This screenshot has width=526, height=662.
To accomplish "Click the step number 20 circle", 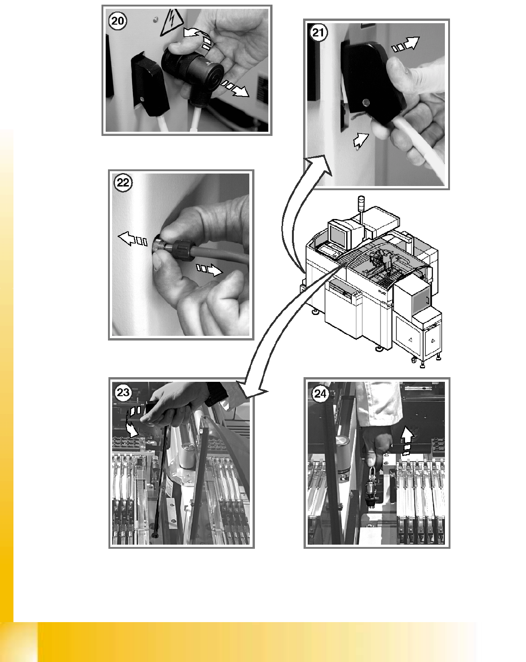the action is coord(117,21).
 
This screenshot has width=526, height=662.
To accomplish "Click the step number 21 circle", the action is coord(318,32).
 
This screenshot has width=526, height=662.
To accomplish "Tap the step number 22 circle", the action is coord(123,183).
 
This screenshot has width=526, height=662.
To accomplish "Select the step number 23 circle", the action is coord(123,392).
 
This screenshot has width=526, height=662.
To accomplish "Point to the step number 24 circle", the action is coord(320,393).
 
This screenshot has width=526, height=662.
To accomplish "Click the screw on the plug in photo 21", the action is coord(366,102).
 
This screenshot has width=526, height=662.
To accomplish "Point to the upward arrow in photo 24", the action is coord(408,440).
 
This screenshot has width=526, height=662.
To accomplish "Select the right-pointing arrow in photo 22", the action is coord(209,270).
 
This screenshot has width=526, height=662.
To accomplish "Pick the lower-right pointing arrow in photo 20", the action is coord(235,89).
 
